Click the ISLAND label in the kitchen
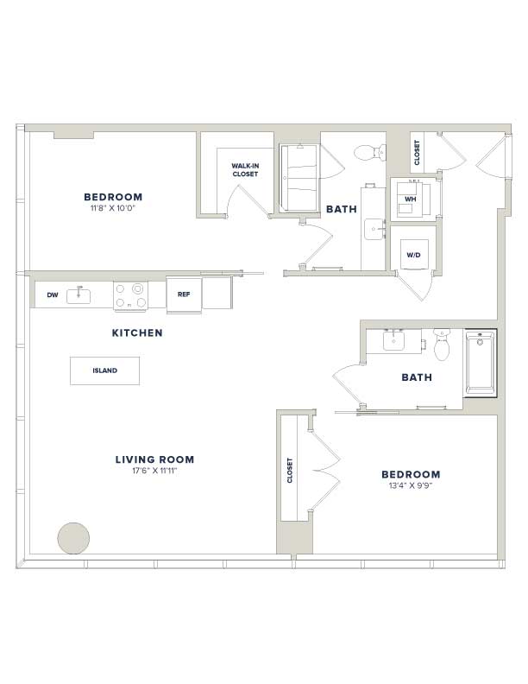[104, 370]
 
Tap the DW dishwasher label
[53, 294]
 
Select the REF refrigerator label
[184, 294]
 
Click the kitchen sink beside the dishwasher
[79, 295]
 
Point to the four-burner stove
[130, 295]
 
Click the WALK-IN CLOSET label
[245, 169]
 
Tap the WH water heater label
[410, 199]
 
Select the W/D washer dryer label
[413, 255]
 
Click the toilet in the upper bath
[369, 152]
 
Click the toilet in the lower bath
[442, 345]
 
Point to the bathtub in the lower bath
[480, 363]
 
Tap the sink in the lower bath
[393, 340]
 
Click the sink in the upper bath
[374, 229]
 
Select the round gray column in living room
[73, 538]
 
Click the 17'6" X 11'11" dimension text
[154, 471]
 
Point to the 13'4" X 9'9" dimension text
[411, 485]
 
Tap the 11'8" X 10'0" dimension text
[113, 208]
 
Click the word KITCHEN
[137, 332]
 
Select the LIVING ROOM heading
[154, 459]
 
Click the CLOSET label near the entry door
[417, 152]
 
